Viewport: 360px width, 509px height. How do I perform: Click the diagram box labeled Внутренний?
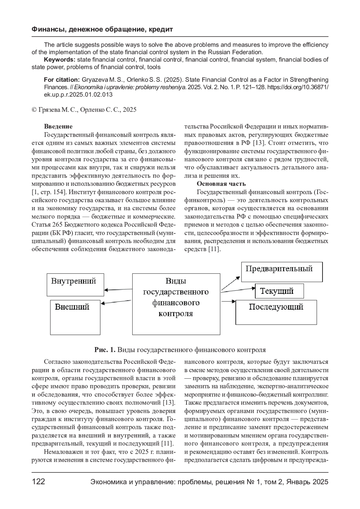[75, 284]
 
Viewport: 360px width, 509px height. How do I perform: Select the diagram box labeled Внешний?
[75, 317]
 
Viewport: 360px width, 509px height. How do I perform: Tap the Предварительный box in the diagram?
[282, 272]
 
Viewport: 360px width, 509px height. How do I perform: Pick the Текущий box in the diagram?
[279, 291]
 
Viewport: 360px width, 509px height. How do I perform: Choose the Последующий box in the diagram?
[276, 312]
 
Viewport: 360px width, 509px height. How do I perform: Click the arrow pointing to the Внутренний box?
[118, 290]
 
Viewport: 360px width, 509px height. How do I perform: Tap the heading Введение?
[58, 127]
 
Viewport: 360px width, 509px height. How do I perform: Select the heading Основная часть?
[221, 184]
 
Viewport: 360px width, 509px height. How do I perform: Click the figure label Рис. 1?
[105, 350]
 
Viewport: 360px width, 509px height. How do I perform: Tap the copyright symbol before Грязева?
[34, 110]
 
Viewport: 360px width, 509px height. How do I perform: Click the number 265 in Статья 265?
[57, 225]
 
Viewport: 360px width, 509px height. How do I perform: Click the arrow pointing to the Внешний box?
[117, 302]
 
